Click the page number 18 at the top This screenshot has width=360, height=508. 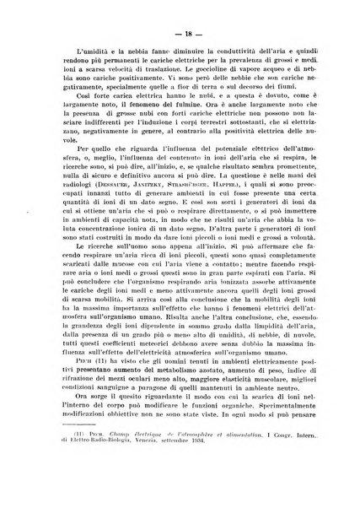pos(180,33)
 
